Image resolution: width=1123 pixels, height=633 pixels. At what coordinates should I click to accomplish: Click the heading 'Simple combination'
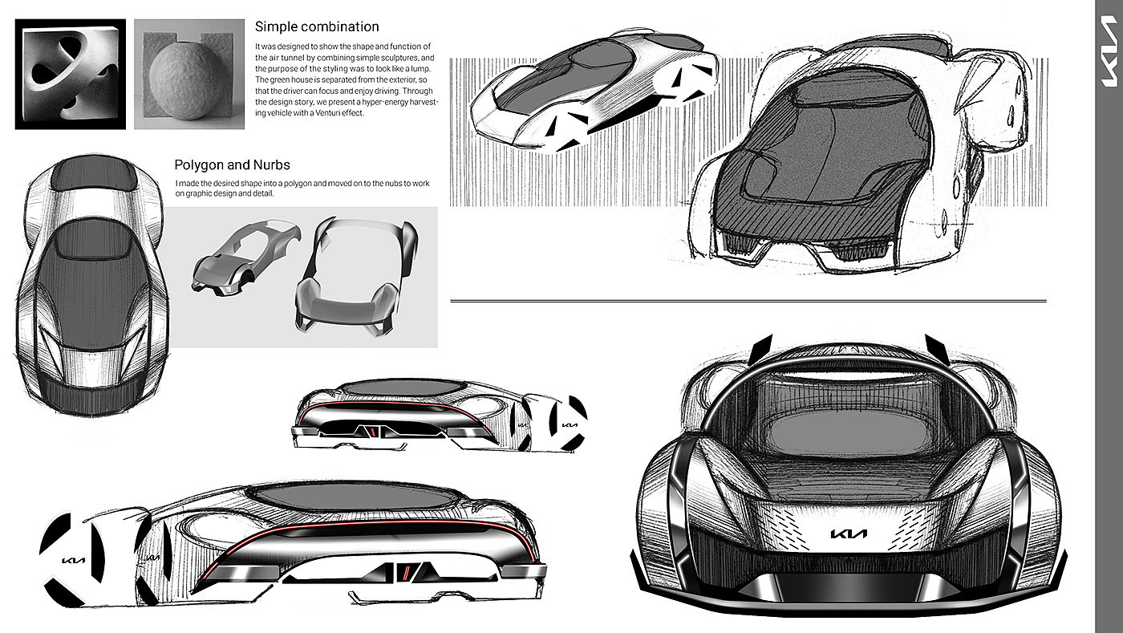click(x=317, y=27)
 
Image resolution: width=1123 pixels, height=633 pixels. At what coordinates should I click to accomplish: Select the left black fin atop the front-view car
click(x=761, y=348)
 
